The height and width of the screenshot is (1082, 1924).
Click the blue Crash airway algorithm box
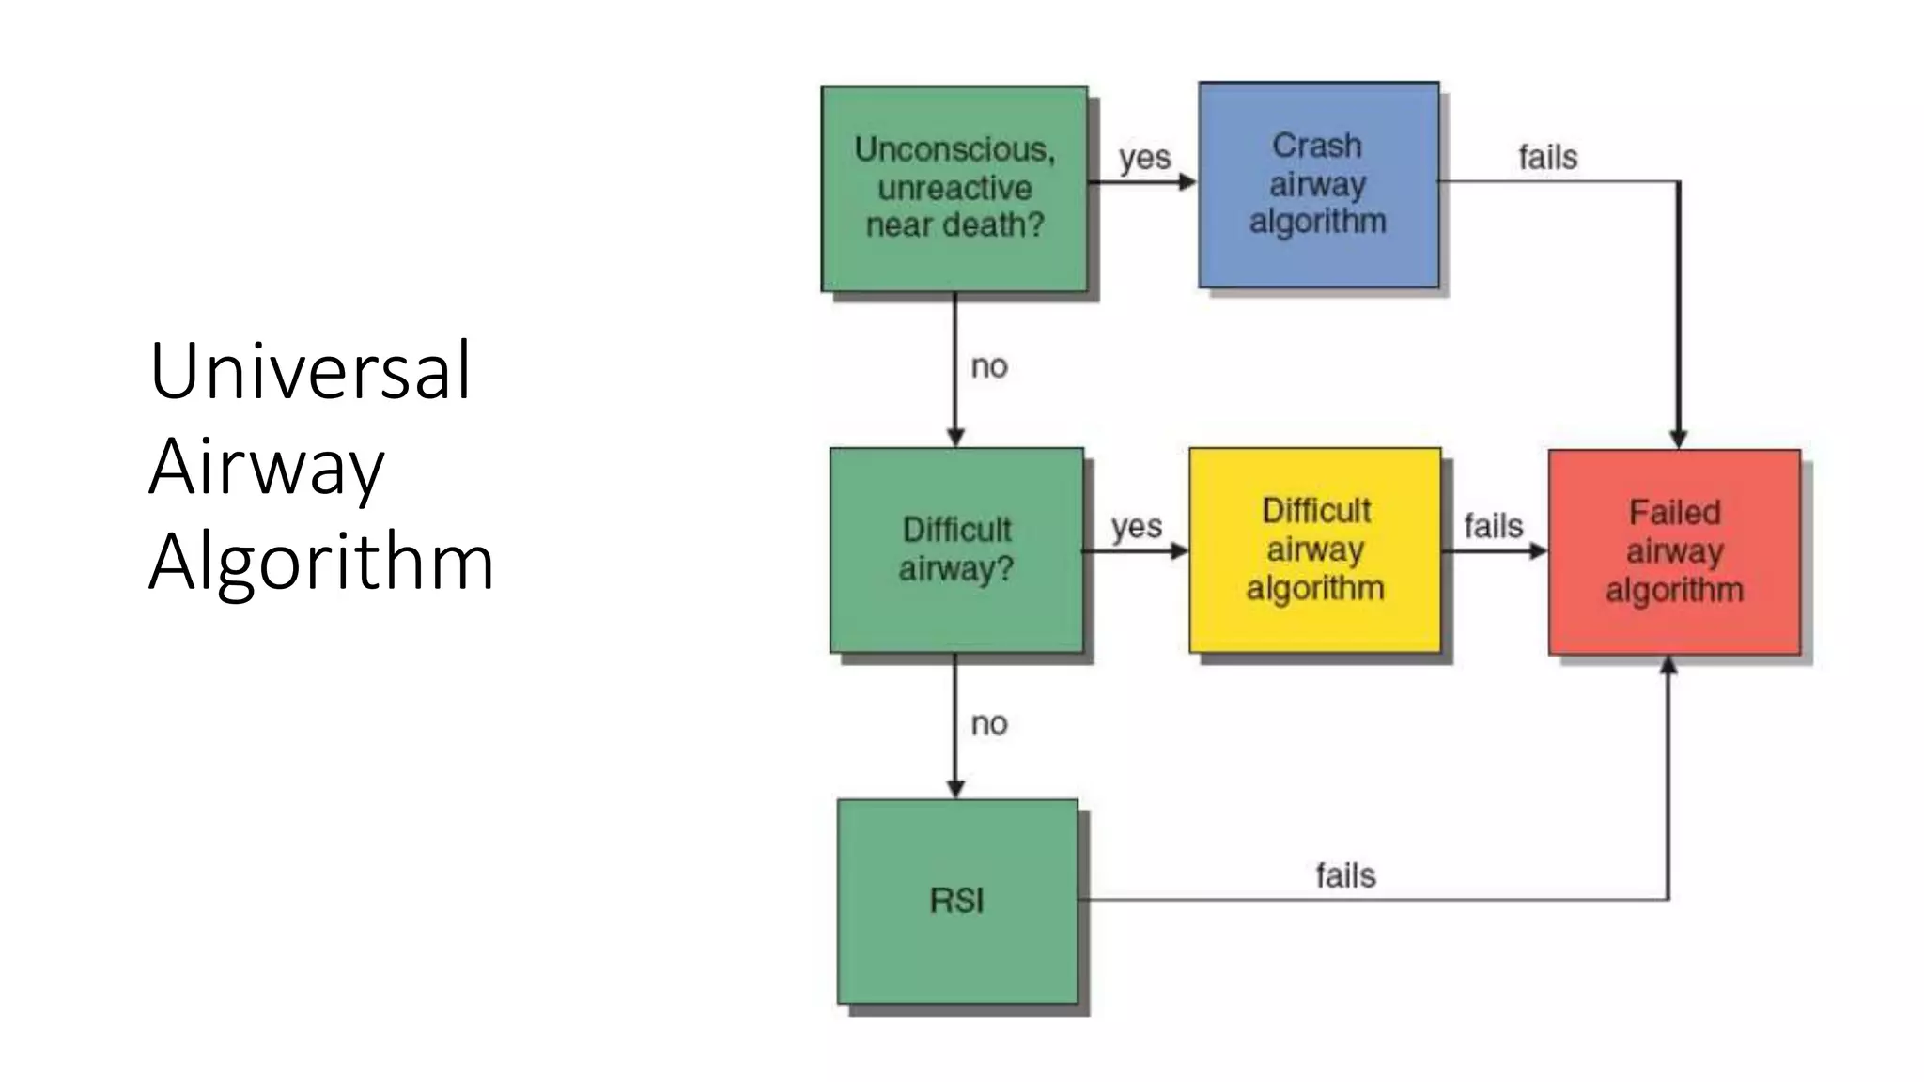coord(1318,185)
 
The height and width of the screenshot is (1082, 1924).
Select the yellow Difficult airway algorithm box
coord(1314,550)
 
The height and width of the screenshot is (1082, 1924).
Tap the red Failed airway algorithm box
coord(1674,552)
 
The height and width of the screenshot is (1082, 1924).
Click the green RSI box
coord(957,902)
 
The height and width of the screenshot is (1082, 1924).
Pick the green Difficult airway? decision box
coord(956,550)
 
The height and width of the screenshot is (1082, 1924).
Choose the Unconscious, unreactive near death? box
coord(954,189)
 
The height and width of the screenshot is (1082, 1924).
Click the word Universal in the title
coord(310,371)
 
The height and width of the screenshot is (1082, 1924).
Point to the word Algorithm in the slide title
coord(321,562)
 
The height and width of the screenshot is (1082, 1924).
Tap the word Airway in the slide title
coord(267,466)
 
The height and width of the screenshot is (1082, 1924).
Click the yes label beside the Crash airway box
coord(1144,158)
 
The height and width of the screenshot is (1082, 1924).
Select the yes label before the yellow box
coord(1137,527)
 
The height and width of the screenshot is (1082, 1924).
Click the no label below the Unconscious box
coord(989,366)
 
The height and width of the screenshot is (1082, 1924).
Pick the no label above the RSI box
coord(989,723)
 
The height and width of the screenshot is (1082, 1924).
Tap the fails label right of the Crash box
coord(1547,157)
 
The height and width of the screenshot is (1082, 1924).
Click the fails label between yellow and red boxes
coord(1493,526)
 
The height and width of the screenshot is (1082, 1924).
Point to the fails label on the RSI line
coord(1345,875)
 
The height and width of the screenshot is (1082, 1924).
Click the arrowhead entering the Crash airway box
coord(1187,181)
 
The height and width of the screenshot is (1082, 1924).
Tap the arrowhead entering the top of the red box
coord(1679,439)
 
